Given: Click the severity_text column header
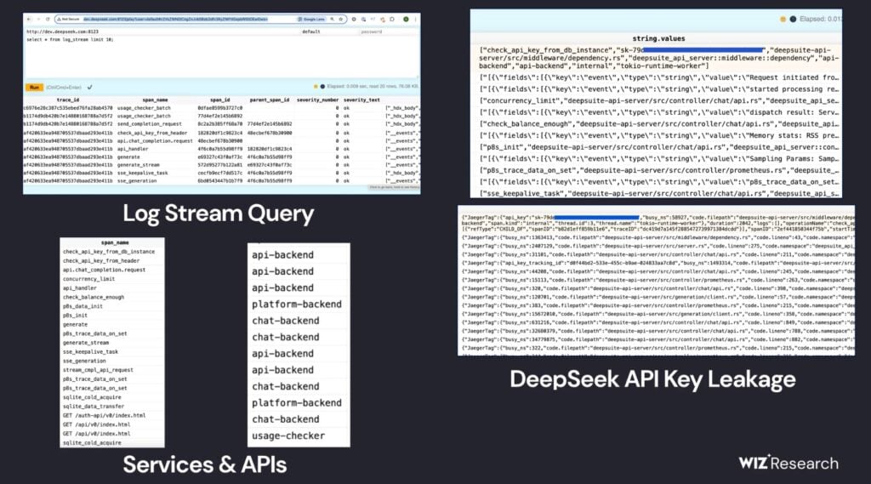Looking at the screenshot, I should [x=367, y=100].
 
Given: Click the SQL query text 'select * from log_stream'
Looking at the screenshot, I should [x=67, y=40].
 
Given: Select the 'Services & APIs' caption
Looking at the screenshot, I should [x=204, y=464].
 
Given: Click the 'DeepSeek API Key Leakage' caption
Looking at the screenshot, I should [x=653, y=379].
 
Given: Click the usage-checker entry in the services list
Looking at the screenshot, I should [x=287, y=436].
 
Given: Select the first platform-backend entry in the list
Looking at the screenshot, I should [x=296, y=304].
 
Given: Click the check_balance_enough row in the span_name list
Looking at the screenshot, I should [x=93, y=297].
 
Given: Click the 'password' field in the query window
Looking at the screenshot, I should [x=375, y=31].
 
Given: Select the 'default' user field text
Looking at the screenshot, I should [x=310, y=31].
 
